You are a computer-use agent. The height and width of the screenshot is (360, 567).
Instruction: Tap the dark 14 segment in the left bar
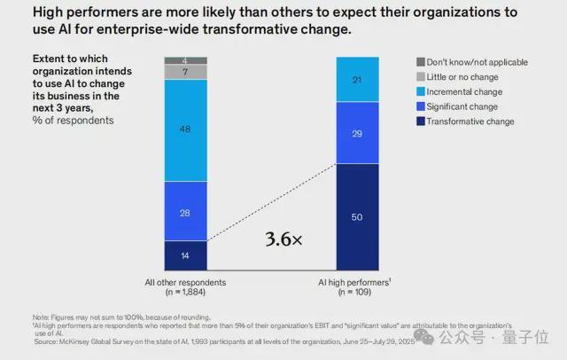click(184, 254)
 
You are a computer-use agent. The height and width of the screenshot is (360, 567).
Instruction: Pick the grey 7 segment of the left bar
click(184, 72)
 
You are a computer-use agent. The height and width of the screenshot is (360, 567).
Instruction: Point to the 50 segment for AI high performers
click(358, 216)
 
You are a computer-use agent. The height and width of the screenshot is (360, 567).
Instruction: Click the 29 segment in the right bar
click(358, 132)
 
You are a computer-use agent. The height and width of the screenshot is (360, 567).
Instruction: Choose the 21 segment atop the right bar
click(358, 80)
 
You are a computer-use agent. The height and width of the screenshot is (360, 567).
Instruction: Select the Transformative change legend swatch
click(421, 120)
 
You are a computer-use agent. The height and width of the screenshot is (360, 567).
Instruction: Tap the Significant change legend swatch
click(421, 106)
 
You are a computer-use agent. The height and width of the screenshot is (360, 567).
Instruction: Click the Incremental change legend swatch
click(421, 91)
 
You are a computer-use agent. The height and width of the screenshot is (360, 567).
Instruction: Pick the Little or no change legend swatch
click(421, 77)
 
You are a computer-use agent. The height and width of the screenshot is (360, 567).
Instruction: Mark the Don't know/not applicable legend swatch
click(421, 62)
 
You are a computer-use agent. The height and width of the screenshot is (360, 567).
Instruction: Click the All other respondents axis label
click(184, 282)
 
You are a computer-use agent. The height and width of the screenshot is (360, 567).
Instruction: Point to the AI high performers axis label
click(356, 282)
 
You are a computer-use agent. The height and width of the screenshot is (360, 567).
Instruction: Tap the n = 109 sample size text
click(356, 292)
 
